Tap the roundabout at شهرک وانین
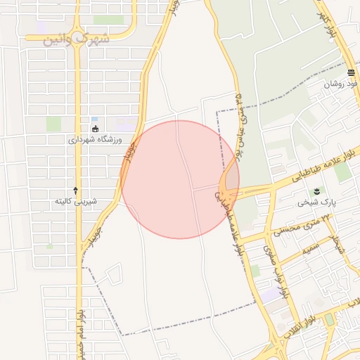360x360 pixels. click(77, 32)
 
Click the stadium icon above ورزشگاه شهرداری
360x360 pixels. click(96, 128)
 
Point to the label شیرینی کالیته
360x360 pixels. click(76, 201)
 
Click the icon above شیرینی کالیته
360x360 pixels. click(76, 191)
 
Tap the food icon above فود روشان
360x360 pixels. click(351, 73)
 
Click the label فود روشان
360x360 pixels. click(341, 84)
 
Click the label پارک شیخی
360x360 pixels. click(312, 202)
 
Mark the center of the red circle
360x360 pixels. click(180, 179)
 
